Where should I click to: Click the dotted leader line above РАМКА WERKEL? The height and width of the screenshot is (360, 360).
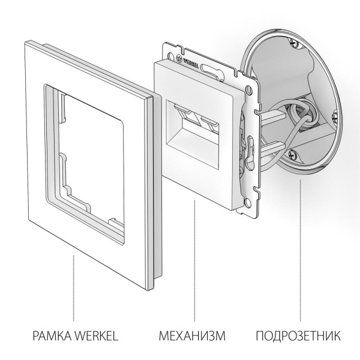pos(74,288)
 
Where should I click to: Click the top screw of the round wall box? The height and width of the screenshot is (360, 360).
pos(292,42)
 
